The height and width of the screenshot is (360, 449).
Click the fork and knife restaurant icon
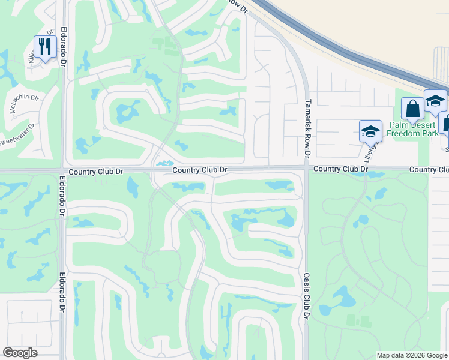[45, 47]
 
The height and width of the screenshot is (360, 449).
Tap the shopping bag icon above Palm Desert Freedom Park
[412, 109]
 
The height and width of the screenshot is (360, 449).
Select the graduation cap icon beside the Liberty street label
[370, 131]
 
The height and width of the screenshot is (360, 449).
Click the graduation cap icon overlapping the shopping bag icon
[435, 101]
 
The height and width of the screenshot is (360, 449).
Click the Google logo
[20, 353]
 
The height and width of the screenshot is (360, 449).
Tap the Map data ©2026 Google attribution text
[412, 355]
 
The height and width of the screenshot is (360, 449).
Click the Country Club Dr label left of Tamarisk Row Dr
[200, 170]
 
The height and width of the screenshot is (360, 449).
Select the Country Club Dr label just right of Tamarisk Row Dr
[340, 170]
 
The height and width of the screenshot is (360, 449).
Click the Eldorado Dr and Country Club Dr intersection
[62, 171]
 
